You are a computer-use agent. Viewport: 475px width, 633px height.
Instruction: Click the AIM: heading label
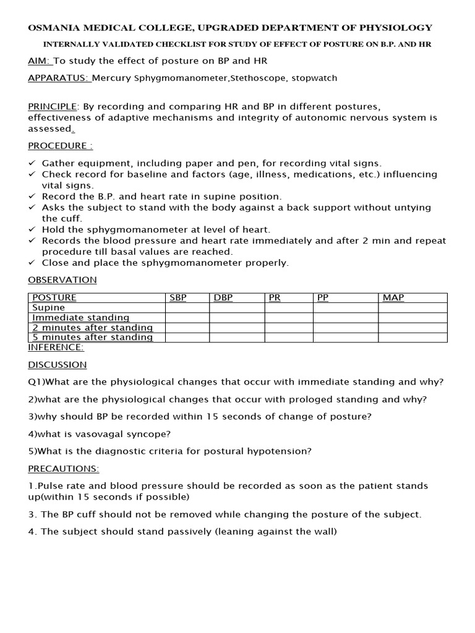pyautogui.click(x=40, y=61)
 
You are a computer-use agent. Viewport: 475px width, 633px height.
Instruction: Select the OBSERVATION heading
pyautogui.click(x=62, y=279)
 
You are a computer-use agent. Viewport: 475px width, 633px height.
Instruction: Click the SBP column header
pyautogui.click(x=178, y=298)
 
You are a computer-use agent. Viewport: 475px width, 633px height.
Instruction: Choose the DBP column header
pyautogui.click(x=223, y=298)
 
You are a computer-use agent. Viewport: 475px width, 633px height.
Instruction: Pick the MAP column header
pyautogui.click(x=393, y=298)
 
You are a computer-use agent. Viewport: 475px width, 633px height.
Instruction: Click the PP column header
pyautogui.click(x=323, y=298)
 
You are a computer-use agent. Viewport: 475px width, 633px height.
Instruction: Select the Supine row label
pyautogui.click(x=48, y=307)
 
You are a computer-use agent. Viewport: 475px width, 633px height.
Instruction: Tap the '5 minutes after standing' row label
pyautogui.click(x=92, y=337)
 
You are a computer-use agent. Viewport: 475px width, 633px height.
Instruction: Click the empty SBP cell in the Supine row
pyautogui.click(x=187, y=307)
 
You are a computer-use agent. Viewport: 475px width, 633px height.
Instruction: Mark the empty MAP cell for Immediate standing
pyautogui.click(x=412, y=317)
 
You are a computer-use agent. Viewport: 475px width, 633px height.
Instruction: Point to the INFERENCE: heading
pyautogui.click(x=56, y=347)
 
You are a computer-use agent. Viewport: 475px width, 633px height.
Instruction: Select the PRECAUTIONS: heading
pyautogui.click(x=63, y=469)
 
